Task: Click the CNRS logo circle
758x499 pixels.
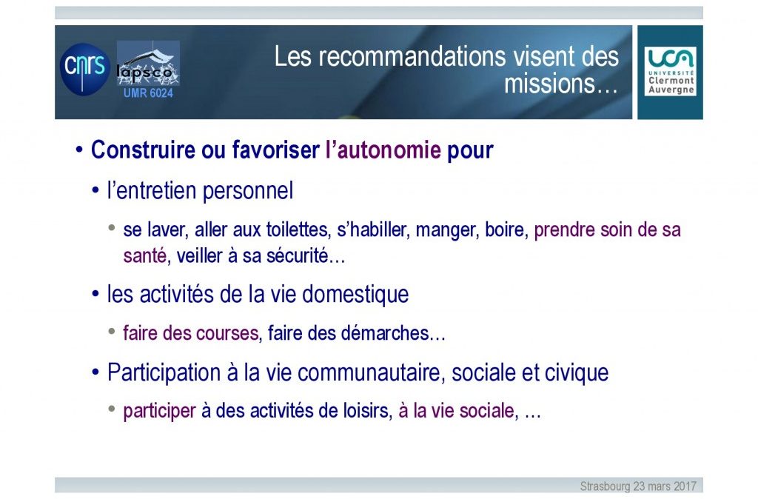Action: (85, 69)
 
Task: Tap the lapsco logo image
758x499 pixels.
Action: (148, 64)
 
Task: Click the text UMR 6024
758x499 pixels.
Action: (148, 93)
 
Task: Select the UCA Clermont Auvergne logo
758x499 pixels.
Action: (670, 71)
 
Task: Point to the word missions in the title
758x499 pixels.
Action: (550, 84)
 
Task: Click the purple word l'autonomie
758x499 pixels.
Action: (383, 150)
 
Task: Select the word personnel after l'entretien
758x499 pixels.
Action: (247, 191)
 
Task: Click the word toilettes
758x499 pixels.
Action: (297, 230)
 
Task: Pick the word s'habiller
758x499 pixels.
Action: (372, 230)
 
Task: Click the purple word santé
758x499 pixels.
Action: (144, 255)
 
